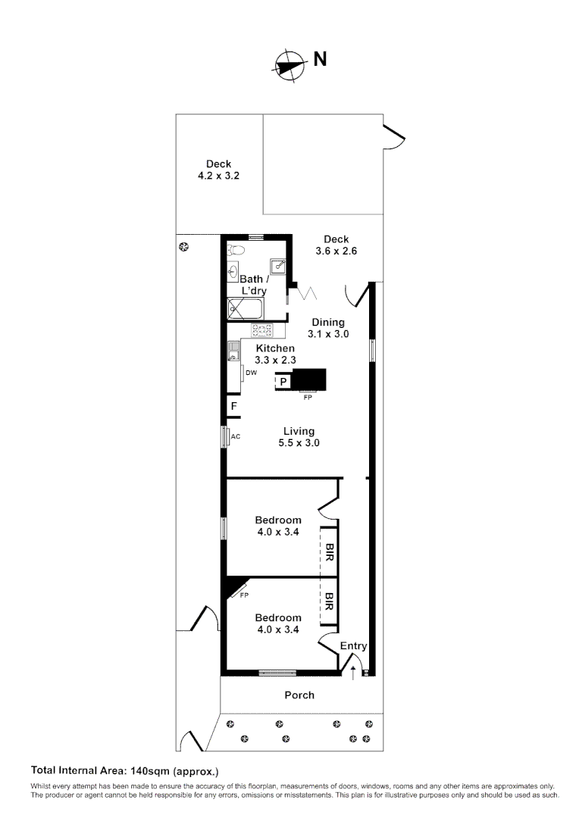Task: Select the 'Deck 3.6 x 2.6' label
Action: [x=336, y=245]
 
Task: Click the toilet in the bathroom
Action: [x=236, y=250]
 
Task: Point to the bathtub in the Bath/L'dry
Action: [x=246, y=308]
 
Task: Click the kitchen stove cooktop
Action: [x=262, y=330]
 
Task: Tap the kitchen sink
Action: [x=233, y=352]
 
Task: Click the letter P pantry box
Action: [x=283, y=382]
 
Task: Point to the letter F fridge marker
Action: [x=235, y=407]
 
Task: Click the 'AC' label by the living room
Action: [x=235, y=437]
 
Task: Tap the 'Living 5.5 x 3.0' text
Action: [x=299, y=437]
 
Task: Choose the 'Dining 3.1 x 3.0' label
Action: [x=327, y=328]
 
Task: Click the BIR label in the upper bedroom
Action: [x=330, y=551]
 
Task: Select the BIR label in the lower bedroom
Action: [x=330, y=602]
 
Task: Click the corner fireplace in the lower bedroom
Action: [x=235, y=589]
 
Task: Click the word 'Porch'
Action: [x=299, y=695]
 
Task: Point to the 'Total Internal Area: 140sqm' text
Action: [x=124, y=772]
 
